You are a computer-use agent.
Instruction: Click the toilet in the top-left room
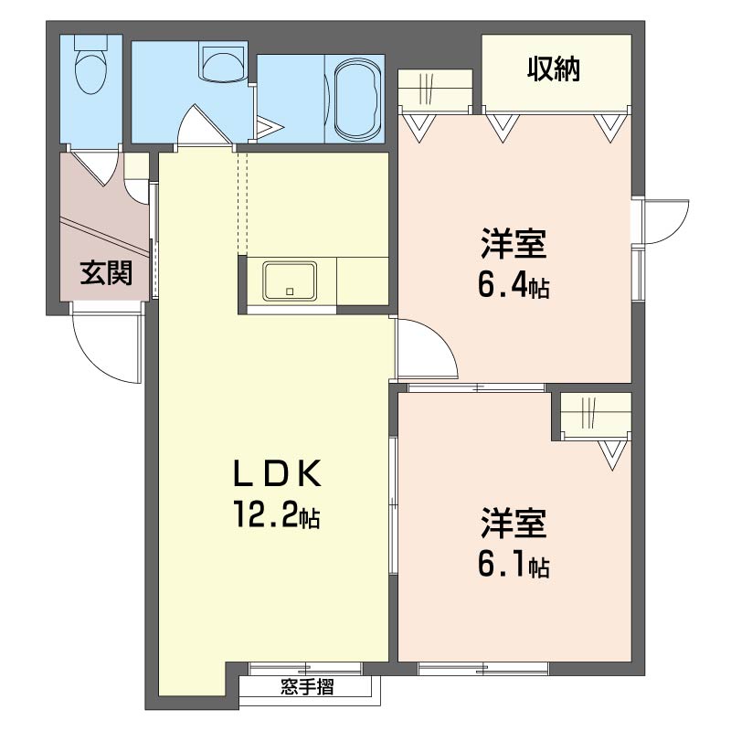pyautogui.click(x=91, y=64)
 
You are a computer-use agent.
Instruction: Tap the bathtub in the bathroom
pyautogui.click(x=357, y=99)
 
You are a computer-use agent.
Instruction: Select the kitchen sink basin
pyautogui.click(x=290, y=281)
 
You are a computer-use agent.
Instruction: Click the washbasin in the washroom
pyautogui.click(x=222, y=60)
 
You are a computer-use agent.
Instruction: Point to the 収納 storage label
pyautogui.click(x=554, y=69)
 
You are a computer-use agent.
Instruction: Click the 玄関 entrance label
pyautogui.click(x=106, y=272)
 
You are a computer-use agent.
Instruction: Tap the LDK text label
pyautogui.click(x=277, y=473)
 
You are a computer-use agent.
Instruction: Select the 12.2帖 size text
pyautogui.click(x=277, y=514)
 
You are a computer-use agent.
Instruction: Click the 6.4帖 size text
pyautogui.click(x=513, y=284)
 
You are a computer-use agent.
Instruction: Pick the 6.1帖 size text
pyautogui.click(x=513, y=564)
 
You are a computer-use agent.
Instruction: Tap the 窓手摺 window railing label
pyautogui.click(x=307, y=687)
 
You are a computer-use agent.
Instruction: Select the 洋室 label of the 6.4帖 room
pyautogui.click(x=513, y=243)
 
